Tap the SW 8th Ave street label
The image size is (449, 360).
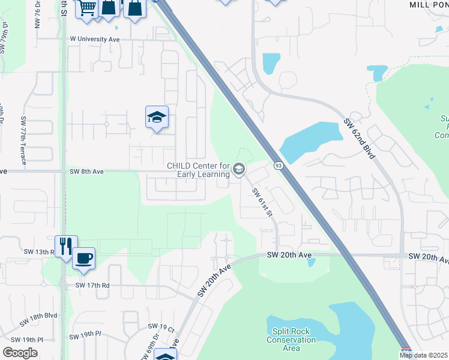pyautogui.click(x=86, y=172)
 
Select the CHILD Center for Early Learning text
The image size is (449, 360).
pyautogui.click(x=198, y=170)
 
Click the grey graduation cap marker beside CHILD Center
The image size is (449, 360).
pyautogui.click(x=239, y=170)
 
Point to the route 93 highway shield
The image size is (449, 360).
pyautogui.click(x=279, y=165)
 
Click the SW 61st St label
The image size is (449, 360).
pyautogui.click(x=263, y=203)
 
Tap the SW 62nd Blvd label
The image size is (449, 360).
pyautogui.click(x=360, y=139)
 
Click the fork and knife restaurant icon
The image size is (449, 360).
pyautogui.click(x=66, y=246)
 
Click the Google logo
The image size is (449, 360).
pyautogui.click(x=20, y=353)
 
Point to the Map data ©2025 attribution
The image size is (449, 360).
pyautogui.click(x=423, y=355)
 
